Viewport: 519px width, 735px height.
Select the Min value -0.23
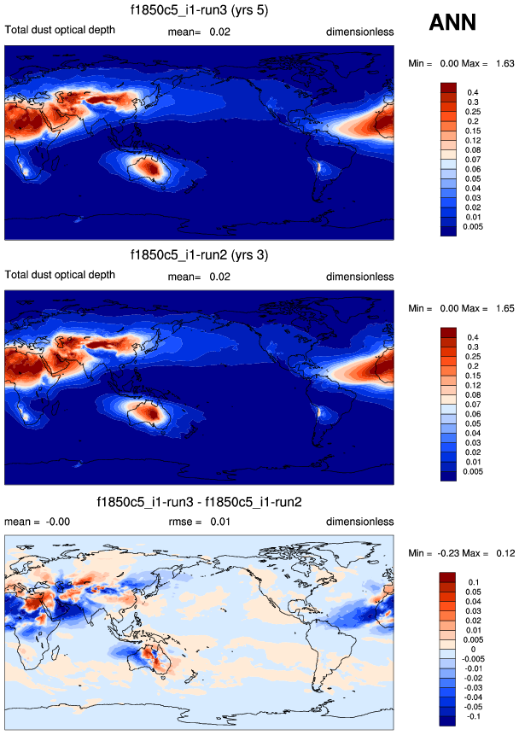click(x=450, y=553)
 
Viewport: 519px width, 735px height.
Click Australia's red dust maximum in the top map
click(x=155, y=170)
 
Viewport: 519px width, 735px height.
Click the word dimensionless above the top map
click(x=359, y=32)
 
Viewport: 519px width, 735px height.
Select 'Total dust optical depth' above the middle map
click(x=60, y=277)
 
